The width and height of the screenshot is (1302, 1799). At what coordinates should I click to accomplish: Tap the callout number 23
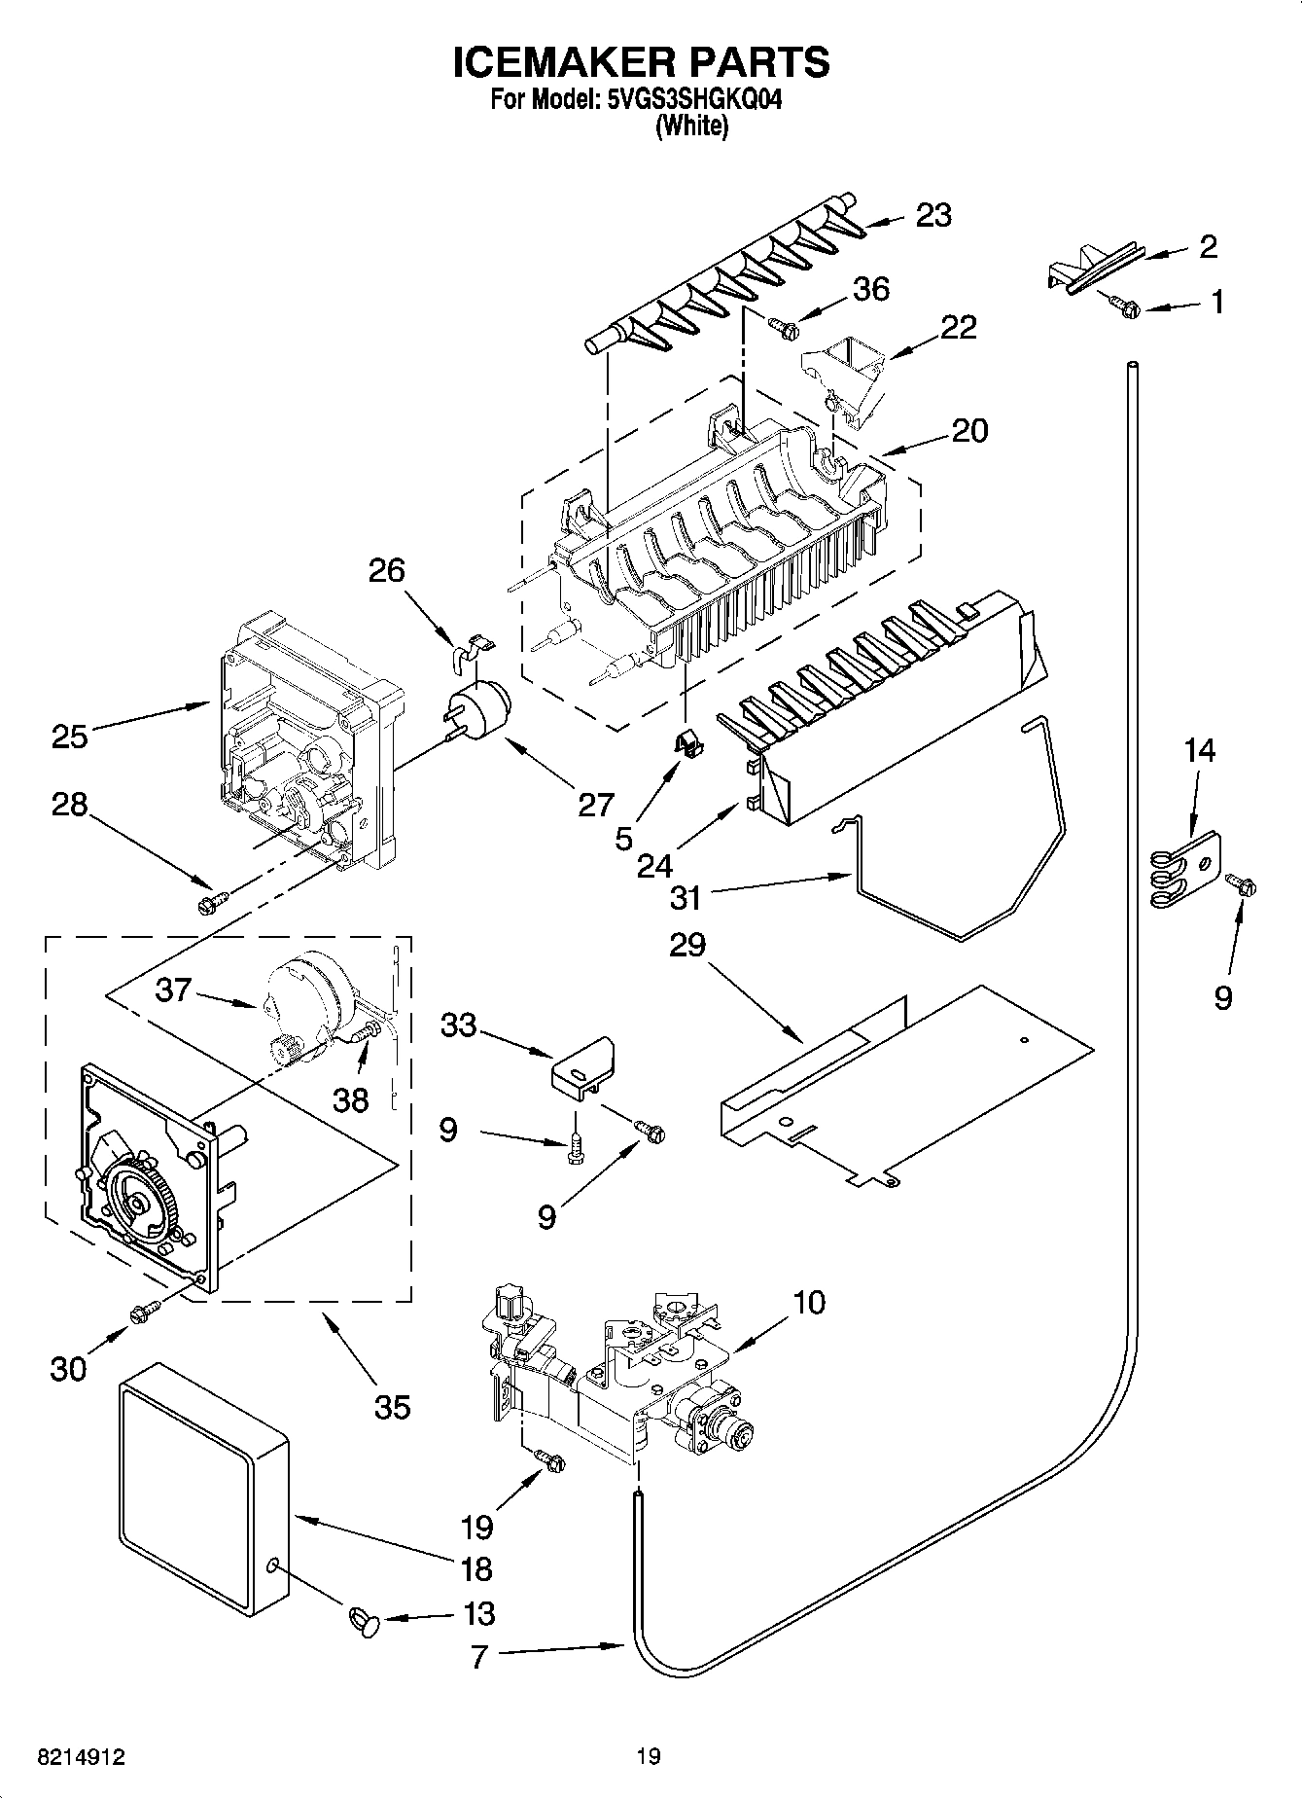pos(933,215)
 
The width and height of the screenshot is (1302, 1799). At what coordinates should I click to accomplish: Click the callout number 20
pos(969,430)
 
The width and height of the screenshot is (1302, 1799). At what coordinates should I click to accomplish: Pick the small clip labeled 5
pos(689,745)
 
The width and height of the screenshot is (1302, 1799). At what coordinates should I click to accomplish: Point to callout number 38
pos(350,1099)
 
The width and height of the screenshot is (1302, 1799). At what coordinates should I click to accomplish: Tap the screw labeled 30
pos(142,1313)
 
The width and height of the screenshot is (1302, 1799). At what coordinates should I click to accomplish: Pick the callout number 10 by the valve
pos(809,1302)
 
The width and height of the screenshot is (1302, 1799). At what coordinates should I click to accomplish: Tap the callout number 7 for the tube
pos(479,1656)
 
